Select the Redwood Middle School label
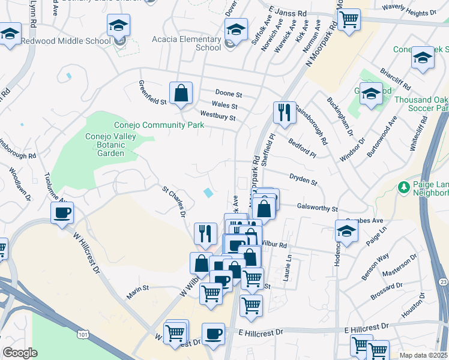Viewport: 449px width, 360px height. pyautogui.click(x=65, y=41)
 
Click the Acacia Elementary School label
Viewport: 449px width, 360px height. pyautogui.click(x=200, y=43)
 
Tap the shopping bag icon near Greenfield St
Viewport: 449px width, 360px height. pyautogui.click(x=181, y=94)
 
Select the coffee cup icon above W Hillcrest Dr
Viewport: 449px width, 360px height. pyautogui.click(x=62, y=212)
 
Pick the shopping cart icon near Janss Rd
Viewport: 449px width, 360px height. pyautogui.click(x=348, y=20)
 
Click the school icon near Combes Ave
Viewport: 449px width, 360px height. pyautogui.click(x=346, y=231)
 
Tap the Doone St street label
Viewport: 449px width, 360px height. pyautogui.click(x=228, y=95)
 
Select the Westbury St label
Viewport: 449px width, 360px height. pyautogui.click(x=217, y=118)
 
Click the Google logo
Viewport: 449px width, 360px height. pyautogui.click(x=20, y=353)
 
